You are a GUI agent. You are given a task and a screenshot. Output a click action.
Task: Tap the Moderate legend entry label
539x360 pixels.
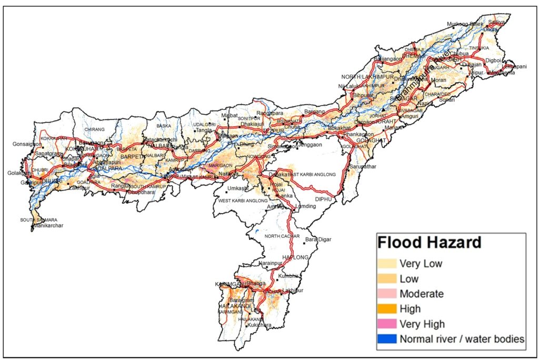tap(421, 294)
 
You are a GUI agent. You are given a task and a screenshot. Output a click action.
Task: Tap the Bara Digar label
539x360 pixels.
tap(319, 239)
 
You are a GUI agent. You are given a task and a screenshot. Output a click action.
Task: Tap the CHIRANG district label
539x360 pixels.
tap(95, 129)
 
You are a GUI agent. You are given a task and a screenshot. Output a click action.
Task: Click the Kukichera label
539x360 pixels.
tap(257, 325)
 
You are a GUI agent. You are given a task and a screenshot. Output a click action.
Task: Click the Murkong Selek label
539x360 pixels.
tap(464, 24)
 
